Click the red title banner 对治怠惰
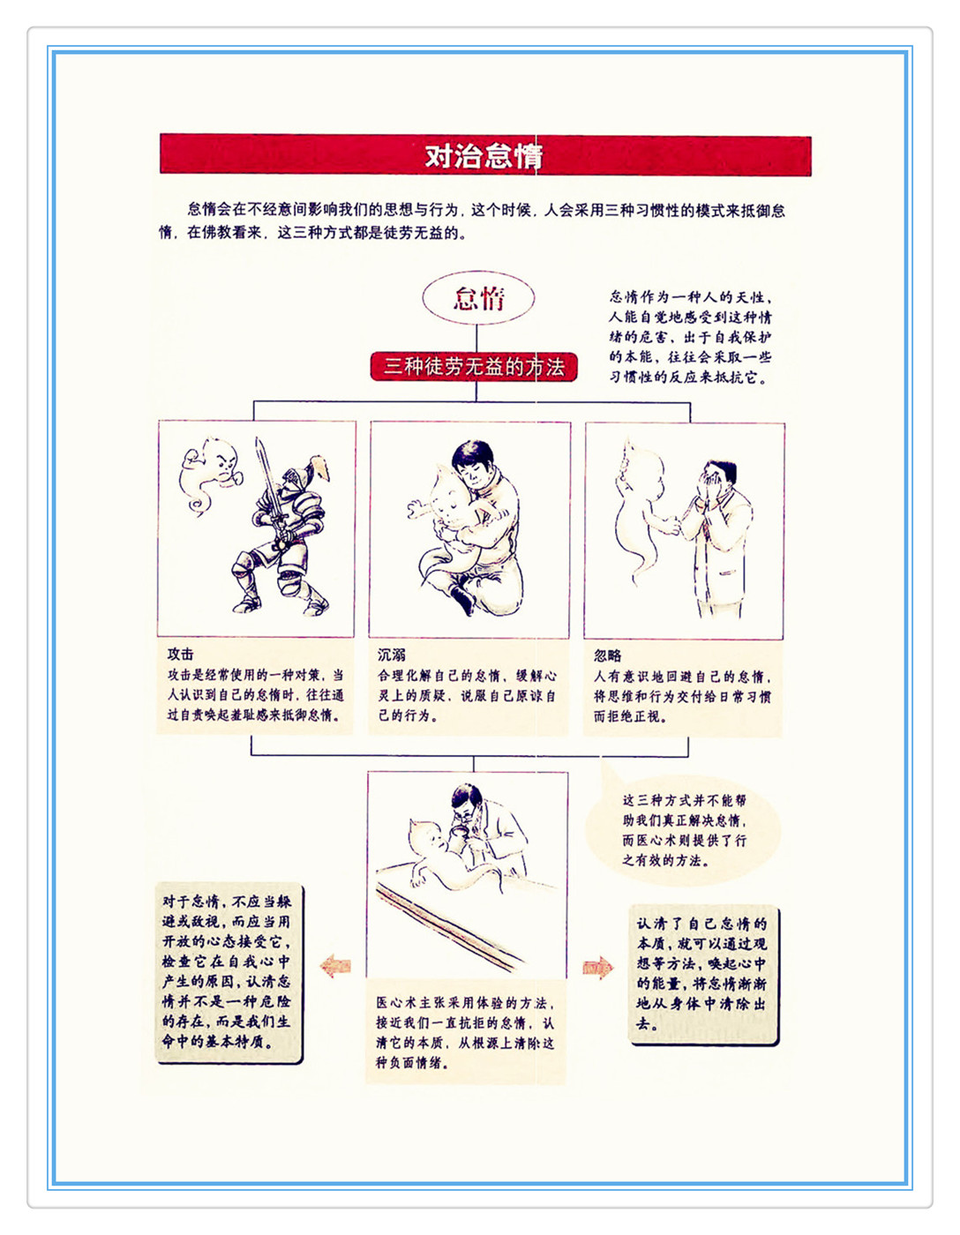click(485, 155)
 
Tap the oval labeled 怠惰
click(478, 298)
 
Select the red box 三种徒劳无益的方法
click(474, 367)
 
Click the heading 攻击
click(181, 655)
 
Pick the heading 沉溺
click(392, 655)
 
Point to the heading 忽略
click(608, 655)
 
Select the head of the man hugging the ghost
click(473, 462)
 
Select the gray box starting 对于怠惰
click(229, 972)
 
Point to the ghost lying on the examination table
click(449, 858)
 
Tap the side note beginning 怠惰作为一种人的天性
click(691, 337)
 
